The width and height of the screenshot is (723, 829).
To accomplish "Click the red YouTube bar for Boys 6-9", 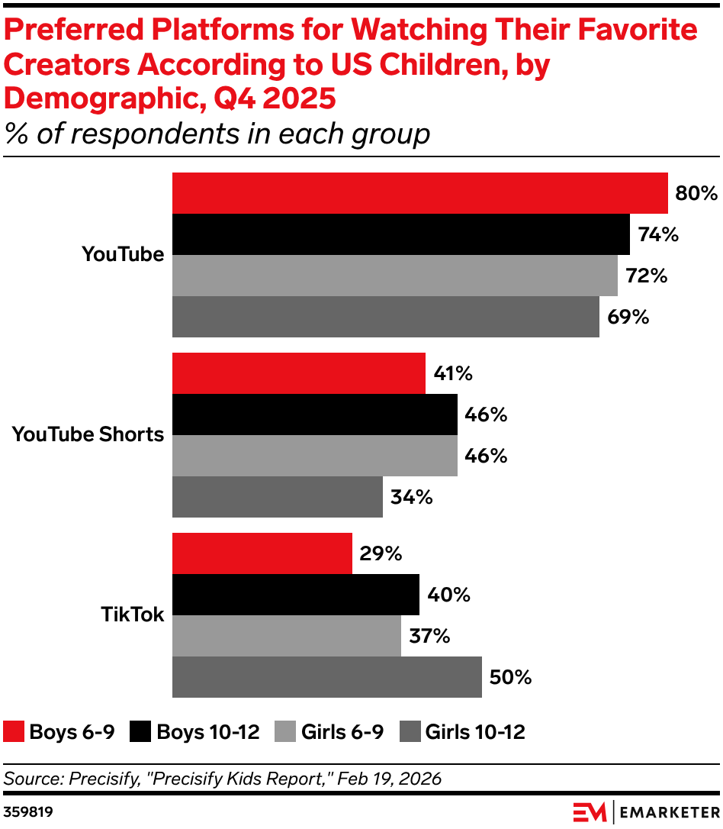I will [419, 193].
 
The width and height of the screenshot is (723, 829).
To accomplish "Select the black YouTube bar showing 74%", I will [400, 234].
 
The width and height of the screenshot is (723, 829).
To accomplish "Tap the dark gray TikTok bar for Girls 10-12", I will [326, 677].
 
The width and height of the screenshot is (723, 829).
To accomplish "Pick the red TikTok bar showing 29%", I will [262, 553].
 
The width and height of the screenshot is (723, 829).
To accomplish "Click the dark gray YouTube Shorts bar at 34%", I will [277, 497].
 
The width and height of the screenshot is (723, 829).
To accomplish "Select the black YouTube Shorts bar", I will [314, 414].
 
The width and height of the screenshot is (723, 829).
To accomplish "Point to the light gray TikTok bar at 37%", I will [286, 636].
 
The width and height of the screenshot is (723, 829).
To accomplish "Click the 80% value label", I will [696, 193].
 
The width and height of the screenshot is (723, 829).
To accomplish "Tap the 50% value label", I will [510, 677].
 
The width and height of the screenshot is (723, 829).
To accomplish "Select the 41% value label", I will [453, 374].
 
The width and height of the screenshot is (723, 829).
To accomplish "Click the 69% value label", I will [628, 317].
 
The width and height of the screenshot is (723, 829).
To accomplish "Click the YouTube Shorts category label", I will [88, 434].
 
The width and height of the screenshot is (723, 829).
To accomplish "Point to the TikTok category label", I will [132, 614].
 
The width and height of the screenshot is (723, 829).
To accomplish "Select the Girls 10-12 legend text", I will [474, 732].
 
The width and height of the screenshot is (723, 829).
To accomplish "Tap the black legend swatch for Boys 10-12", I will [140, 732].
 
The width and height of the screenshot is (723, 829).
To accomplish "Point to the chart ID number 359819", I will [28, 810].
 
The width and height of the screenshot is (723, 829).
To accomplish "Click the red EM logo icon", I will [590, 810].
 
